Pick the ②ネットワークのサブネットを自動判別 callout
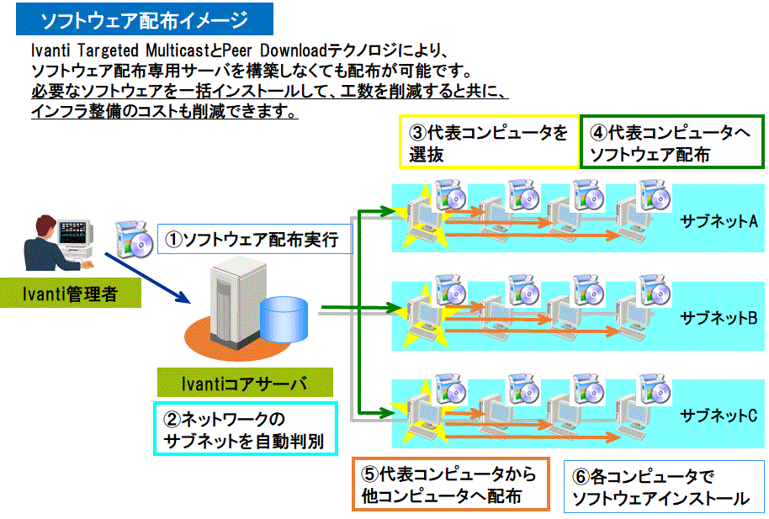point(244,429)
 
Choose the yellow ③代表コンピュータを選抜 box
point(488,143)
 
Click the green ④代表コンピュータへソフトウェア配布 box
point(671,143)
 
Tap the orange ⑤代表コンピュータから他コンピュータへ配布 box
point(450,485)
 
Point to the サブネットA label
point(719,221)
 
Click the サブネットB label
point(719,318)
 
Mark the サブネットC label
point(719,415)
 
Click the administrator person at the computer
point(54,244)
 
